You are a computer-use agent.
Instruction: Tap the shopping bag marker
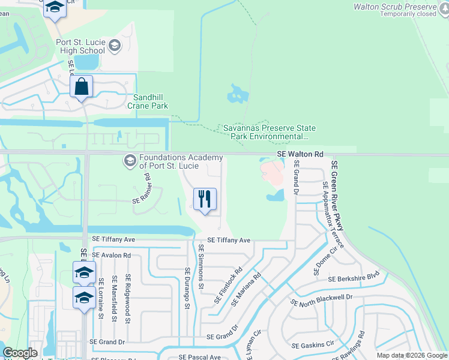coord(81,87)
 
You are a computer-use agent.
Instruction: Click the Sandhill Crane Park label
coord(148,101)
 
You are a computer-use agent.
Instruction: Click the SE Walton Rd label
coord(300,155)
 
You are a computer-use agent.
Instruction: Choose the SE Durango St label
coord(187,288)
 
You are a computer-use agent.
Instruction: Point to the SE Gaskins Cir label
coord(312,345)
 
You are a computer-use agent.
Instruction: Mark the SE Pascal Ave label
coord(197,357)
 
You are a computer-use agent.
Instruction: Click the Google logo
coord(20,353)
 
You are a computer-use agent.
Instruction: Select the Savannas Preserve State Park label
coord(270,132)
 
